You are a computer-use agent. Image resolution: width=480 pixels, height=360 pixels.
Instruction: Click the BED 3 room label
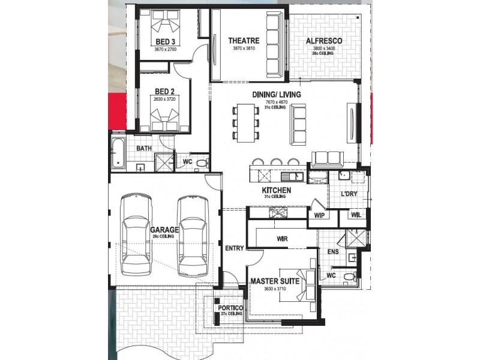point(166,41)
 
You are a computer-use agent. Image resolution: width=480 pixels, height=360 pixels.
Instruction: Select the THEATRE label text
point(244,41)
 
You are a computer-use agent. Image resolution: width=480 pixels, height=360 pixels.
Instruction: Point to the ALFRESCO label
point(324,41)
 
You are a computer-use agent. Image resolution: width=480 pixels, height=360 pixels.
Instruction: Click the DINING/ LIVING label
point(277,95)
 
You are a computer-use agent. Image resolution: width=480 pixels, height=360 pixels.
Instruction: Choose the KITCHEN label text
point(277,190)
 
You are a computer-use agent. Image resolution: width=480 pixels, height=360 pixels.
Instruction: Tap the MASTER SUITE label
point(275,281)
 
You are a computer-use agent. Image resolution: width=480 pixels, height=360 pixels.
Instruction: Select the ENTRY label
point(233,248)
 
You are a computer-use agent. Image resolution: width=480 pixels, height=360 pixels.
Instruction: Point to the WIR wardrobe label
point(283,239)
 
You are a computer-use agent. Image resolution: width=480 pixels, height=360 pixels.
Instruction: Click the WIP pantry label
point(319,215)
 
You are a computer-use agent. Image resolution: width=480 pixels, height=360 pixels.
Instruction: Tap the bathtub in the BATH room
point(116,153)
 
